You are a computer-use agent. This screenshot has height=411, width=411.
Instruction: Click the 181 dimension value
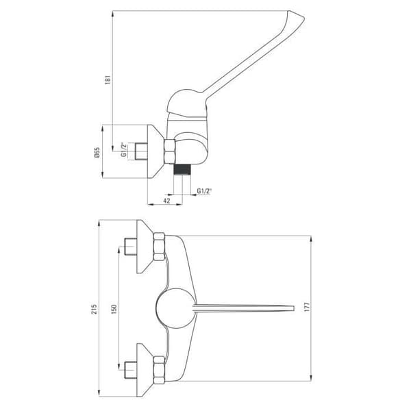click(x=108, y=79)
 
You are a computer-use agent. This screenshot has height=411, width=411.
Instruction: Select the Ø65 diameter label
click(x=97, y=152)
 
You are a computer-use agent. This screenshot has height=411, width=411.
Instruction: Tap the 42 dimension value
click(x=166, y=201)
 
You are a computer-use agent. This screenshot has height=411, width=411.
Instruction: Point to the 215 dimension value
click(x=94, y=309)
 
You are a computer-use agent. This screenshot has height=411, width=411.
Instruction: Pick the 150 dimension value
click(x=114, y=310)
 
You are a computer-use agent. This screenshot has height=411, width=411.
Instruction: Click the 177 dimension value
click(x=307, y=307)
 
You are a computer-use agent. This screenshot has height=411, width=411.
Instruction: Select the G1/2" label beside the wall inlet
click(x=124, y=149)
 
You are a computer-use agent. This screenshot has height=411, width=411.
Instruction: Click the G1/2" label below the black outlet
click(x=204, y=191)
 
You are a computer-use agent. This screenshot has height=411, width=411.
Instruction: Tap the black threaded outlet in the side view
click(x=183, y=169)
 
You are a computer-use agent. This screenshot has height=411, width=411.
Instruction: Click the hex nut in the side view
click(x=170, y=151)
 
